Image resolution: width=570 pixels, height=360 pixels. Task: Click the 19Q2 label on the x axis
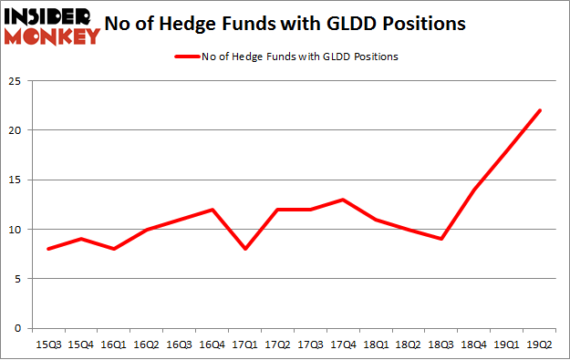pyautogui.click(x=539, y=346)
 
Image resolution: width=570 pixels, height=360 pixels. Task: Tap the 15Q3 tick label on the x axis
pyautogui.click(x=47, y=346)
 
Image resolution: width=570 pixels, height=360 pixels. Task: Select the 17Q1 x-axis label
pyautogui.click(x=244, y=346)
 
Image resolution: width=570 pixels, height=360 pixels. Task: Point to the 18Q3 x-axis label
pyautogui.click(x=441, y=346)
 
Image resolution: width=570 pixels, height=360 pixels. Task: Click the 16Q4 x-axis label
pyautogui.click(x=212, y=346)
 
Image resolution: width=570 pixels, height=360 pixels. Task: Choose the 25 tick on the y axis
pyautogui.click(x=16, y=81)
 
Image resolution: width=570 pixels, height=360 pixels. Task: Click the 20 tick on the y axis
pyautogui.click(x=16, y=130)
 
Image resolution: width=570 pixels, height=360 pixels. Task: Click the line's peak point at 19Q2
pyautogui.click(x=539, y=110)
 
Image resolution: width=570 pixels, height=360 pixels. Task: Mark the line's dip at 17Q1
pyautogui.click(x=244, y=249)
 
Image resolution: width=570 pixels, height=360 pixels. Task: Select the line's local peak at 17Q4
pyautogui.click(x=343, y=200)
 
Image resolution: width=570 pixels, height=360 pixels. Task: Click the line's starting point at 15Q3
pyautogui.click(x=47, y=249)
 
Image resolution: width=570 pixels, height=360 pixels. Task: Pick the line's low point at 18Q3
pyautogui.click(x=441, y=239)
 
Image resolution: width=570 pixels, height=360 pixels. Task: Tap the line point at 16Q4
pyautogui.click(x=212, y=210)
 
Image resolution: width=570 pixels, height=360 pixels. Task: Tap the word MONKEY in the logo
pyautogui.click(x=52, y=36)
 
